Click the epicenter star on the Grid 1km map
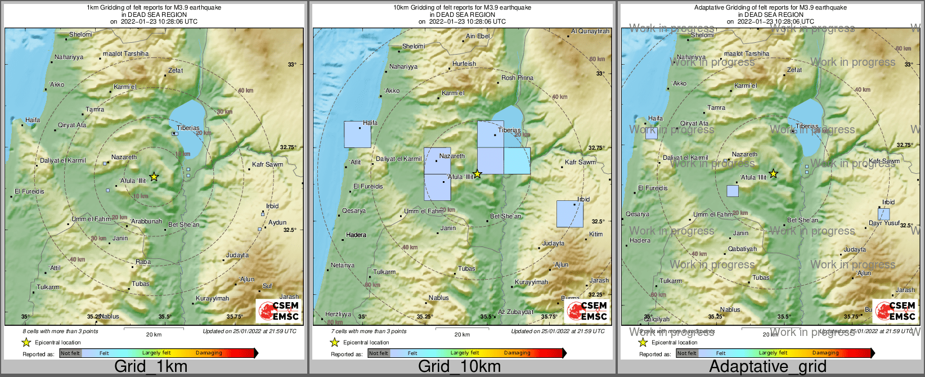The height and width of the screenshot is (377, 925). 154,177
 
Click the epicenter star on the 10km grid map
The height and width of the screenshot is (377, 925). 477,174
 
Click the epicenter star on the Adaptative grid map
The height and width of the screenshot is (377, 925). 773,174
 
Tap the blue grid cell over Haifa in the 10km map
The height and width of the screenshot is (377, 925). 357,134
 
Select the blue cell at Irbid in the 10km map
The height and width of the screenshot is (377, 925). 569,214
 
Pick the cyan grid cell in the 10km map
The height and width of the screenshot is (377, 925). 517,161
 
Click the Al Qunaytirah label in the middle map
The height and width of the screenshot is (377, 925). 590,32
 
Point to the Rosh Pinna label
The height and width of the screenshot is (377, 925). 517,78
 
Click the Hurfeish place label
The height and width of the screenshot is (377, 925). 464,64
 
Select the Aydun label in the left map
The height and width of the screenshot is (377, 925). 277,223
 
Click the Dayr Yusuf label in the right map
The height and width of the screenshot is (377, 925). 884,223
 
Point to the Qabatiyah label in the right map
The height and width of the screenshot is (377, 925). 742,249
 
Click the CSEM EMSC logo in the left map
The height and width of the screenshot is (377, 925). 278,311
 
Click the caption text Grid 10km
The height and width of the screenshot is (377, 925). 459,367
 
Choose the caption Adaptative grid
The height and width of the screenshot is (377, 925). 767,367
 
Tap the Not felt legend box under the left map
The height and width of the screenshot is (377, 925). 70,353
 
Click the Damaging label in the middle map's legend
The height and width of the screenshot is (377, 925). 517,353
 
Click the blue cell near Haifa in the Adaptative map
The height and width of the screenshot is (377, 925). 652,133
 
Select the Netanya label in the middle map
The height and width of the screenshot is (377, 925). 343,266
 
